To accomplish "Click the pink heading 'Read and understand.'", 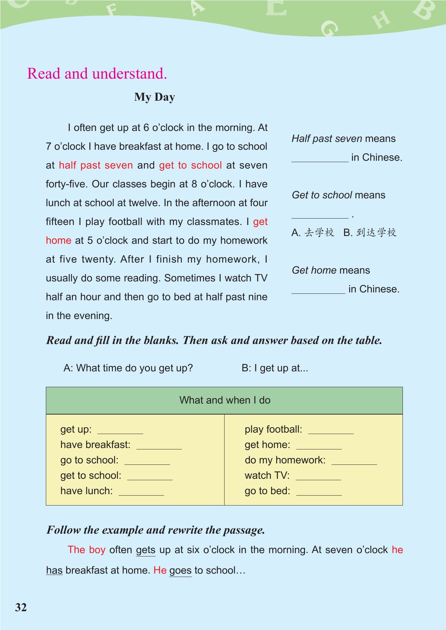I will pyautogui.click(x=97, y=74).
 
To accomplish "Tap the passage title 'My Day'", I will pyautogui.click(x=154, y=97).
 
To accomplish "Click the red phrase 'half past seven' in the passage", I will pyautogui.click(x=96, y=165).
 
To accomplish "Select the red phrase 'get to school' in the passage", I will pyautogui.click(x=190, y=165).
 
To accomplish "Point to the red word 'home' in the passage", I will pyautogui.click(x=59, y=240).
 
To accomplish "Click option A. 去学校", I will pyautogui.click(x=313, y=233).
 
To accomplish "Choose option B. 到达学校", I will pyautogui.click(x=370, y=233).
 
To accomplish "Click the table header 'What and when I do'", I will pyautogui.click(x=225, y=400).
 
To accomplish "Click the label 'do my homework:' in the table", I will pyautogui.click(x=285, y=460).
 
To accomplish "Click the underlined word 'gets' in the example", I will pyautogui.click(x=146, y=550).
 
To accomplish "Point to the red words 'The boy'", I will pyautogui.click(x=86, y=550).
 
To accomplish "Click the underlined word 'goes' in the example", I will pyautogui.click(x=180, y=570).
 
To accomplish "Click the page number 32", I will pyautogui.click(x=21, y=607).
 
